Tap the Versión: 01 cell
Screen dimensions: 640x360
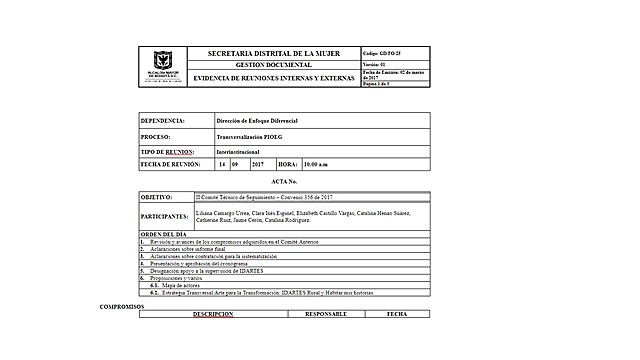(x=373, y=63)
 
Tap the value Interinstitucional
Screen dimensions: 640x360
(x=236, y=151)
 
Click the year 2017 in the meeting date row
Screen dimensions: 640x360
(x=257, y=163)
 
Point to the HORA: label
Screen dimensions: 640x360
(x=287, y=163)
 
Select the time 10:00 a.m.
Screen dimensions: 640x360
(x=316, y=163)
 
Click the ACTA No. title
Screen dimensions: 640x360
(x=285, y=182)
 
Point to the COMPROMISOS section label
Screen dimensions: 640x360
(x=122, y=306)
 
